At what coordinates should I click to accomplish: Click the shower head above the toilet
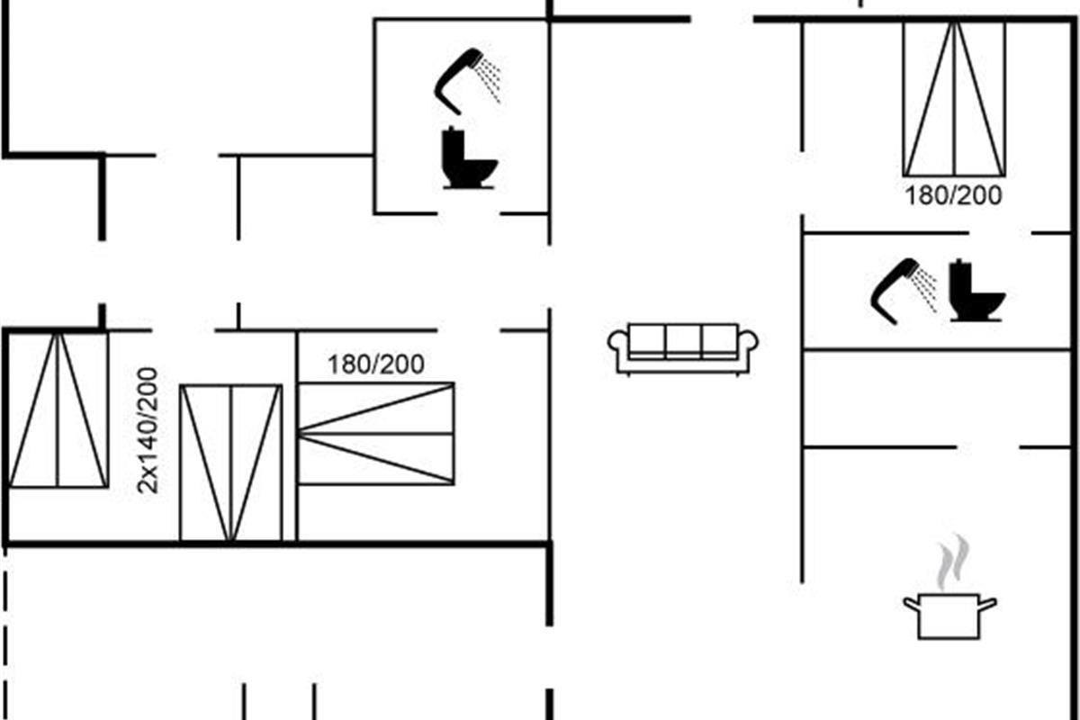pos(457,79)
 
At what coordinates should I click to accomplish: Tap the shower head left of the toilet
pos(893,288)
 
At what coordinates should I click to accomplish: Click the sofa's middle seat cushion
pos(683,341)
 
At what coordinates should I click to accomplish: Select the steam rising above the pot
pos(952,562)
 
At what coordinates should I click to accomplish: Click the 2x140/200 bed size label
pos(148,429)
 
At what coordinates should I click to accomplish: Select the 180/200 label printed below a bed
pos(953,196)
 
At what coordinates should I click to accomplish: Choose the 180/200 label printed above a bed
pos(375,364)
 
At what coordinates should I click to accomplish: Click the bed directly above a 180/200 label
pos(954,98)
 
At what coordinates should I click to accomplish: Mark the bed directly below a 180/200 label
pos(376,433)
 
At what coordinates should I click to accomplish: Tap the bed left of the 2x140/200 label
pos(58,409)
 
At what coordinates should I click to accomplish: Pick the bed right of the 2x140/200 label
pos(230,463)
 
